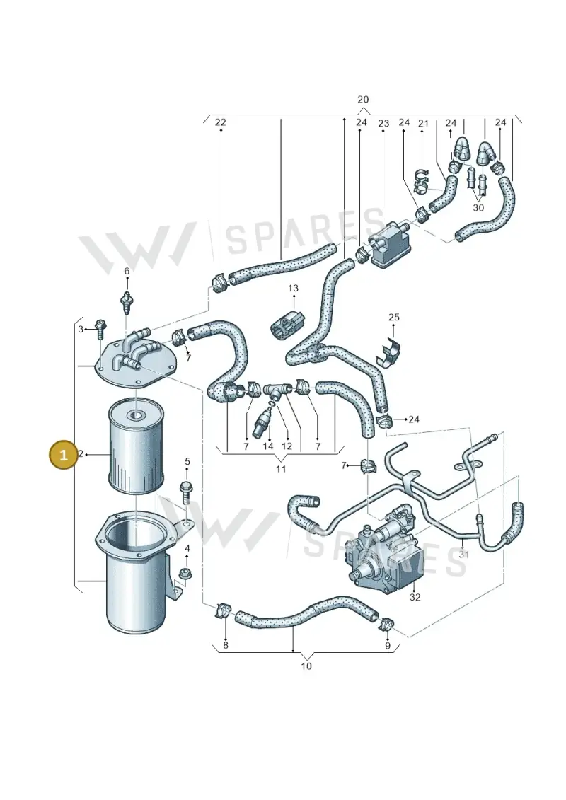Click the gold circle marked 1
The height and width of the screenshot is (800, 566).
63,453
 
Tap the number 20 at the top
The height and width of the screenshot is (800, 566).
363,100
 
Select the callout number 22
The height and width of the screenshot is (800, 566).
221,122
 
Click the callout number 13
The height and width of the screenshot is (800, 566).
293,289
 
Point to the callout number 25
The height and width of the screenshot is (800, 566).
394,318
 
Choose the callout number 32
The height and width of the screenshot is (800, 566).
415,596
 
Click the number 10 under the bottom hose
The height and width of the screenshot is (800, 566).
306,666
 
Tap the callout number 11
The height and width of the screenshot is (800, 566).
281,468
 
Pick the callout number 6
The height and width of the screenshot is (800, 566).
127,271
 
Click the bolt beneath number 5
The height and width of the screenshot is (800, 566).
185,492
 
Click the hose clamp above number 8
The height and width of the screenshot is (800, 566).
223,609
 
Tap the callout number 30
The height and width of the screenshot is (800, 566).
478,208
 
